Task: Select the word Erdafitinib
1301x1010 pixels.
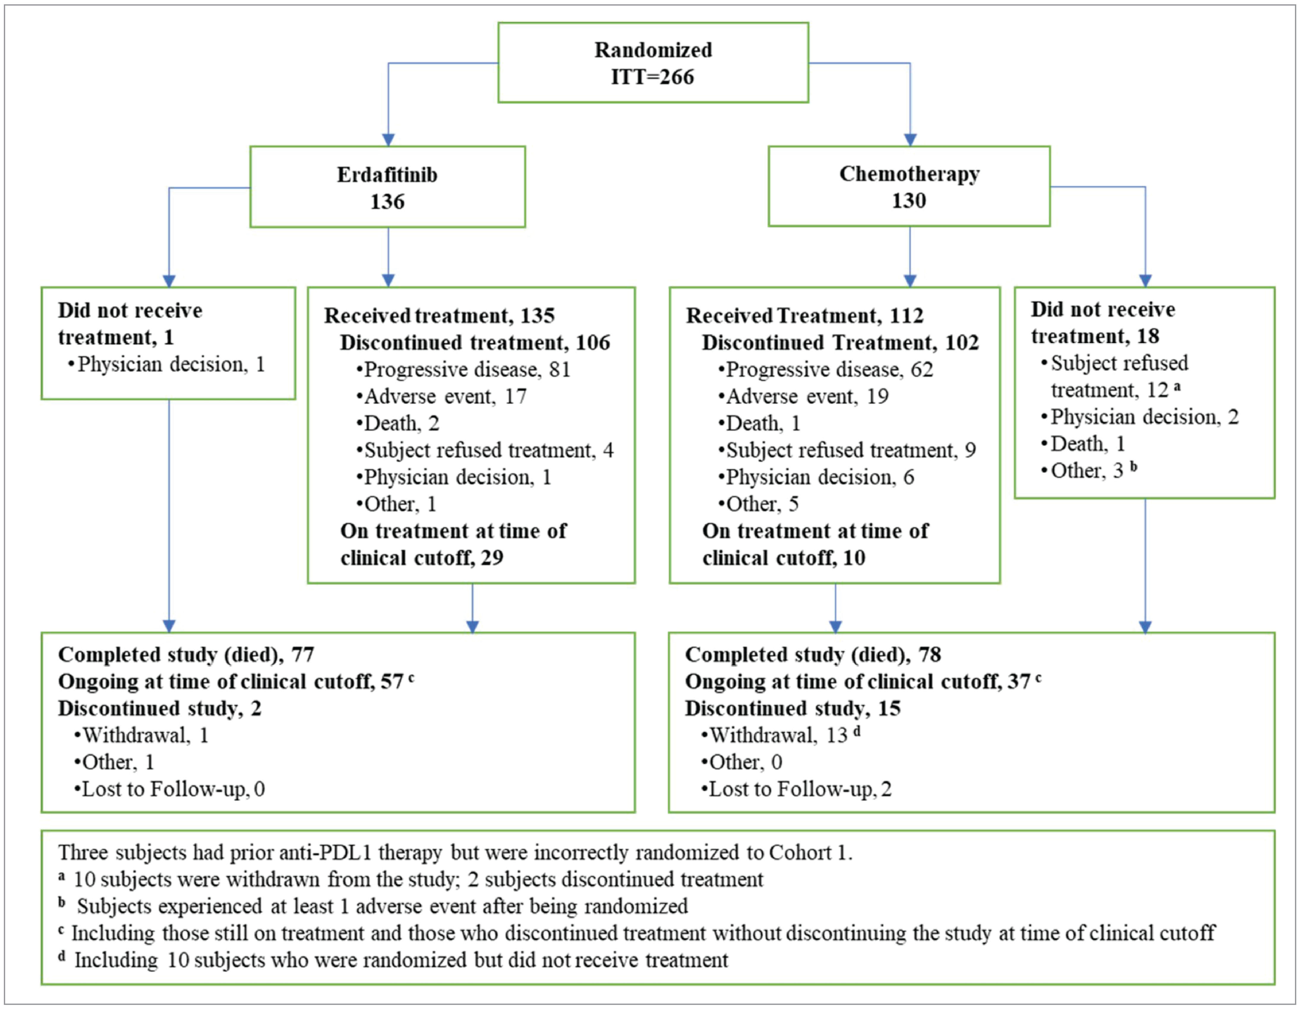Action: (x=387, y=175)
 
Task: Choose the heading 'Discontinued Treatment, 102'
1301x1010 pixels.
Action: (x=840, y=343)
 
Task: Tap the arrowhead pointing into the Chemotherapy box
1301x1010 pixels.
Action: (x=910, y=140)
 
